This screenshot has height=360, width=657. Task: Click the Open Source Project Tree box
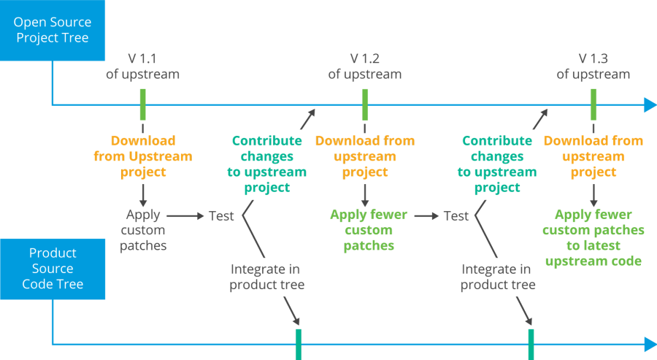coord(53,29)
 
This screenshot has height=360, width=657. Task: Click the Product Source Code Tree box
coord(53,268)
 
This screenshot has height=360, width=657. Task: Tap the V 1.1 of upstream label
coord(142,66)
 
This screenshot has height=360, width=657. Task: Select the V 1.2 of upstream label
coord(364,66)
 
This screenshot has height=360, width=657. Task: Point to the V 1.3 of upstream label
coord(593,66)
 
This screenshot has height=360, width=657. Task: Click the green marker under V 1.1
coord(142,104)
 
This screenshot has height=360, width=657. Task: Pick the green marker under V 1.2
coord(364,104)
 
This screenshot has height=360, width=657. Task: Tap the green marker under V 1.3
coord(593,104)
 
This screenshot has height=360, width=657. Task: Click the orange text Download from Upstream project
coord(143,156)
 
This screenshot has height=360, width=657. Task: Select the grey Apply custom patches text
coord(143,230)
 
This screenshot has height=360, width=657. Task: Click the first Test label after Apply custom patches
coord(221,216)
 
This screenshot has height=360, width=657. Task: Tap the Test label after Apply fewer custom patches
coord(456,216)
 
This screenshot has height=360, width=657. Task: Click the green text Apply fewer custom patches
coord(369,230)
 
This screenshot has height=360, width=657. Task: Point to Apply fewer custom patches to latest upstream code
coord(593,237)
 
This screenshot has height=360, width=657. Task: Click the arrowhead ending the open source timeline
coord(650,105)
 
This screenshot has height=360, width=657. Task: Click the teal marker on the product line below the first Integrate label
coord(299,345)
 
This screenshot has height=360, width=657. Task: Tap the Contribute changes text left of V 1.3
coord(497,164)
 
